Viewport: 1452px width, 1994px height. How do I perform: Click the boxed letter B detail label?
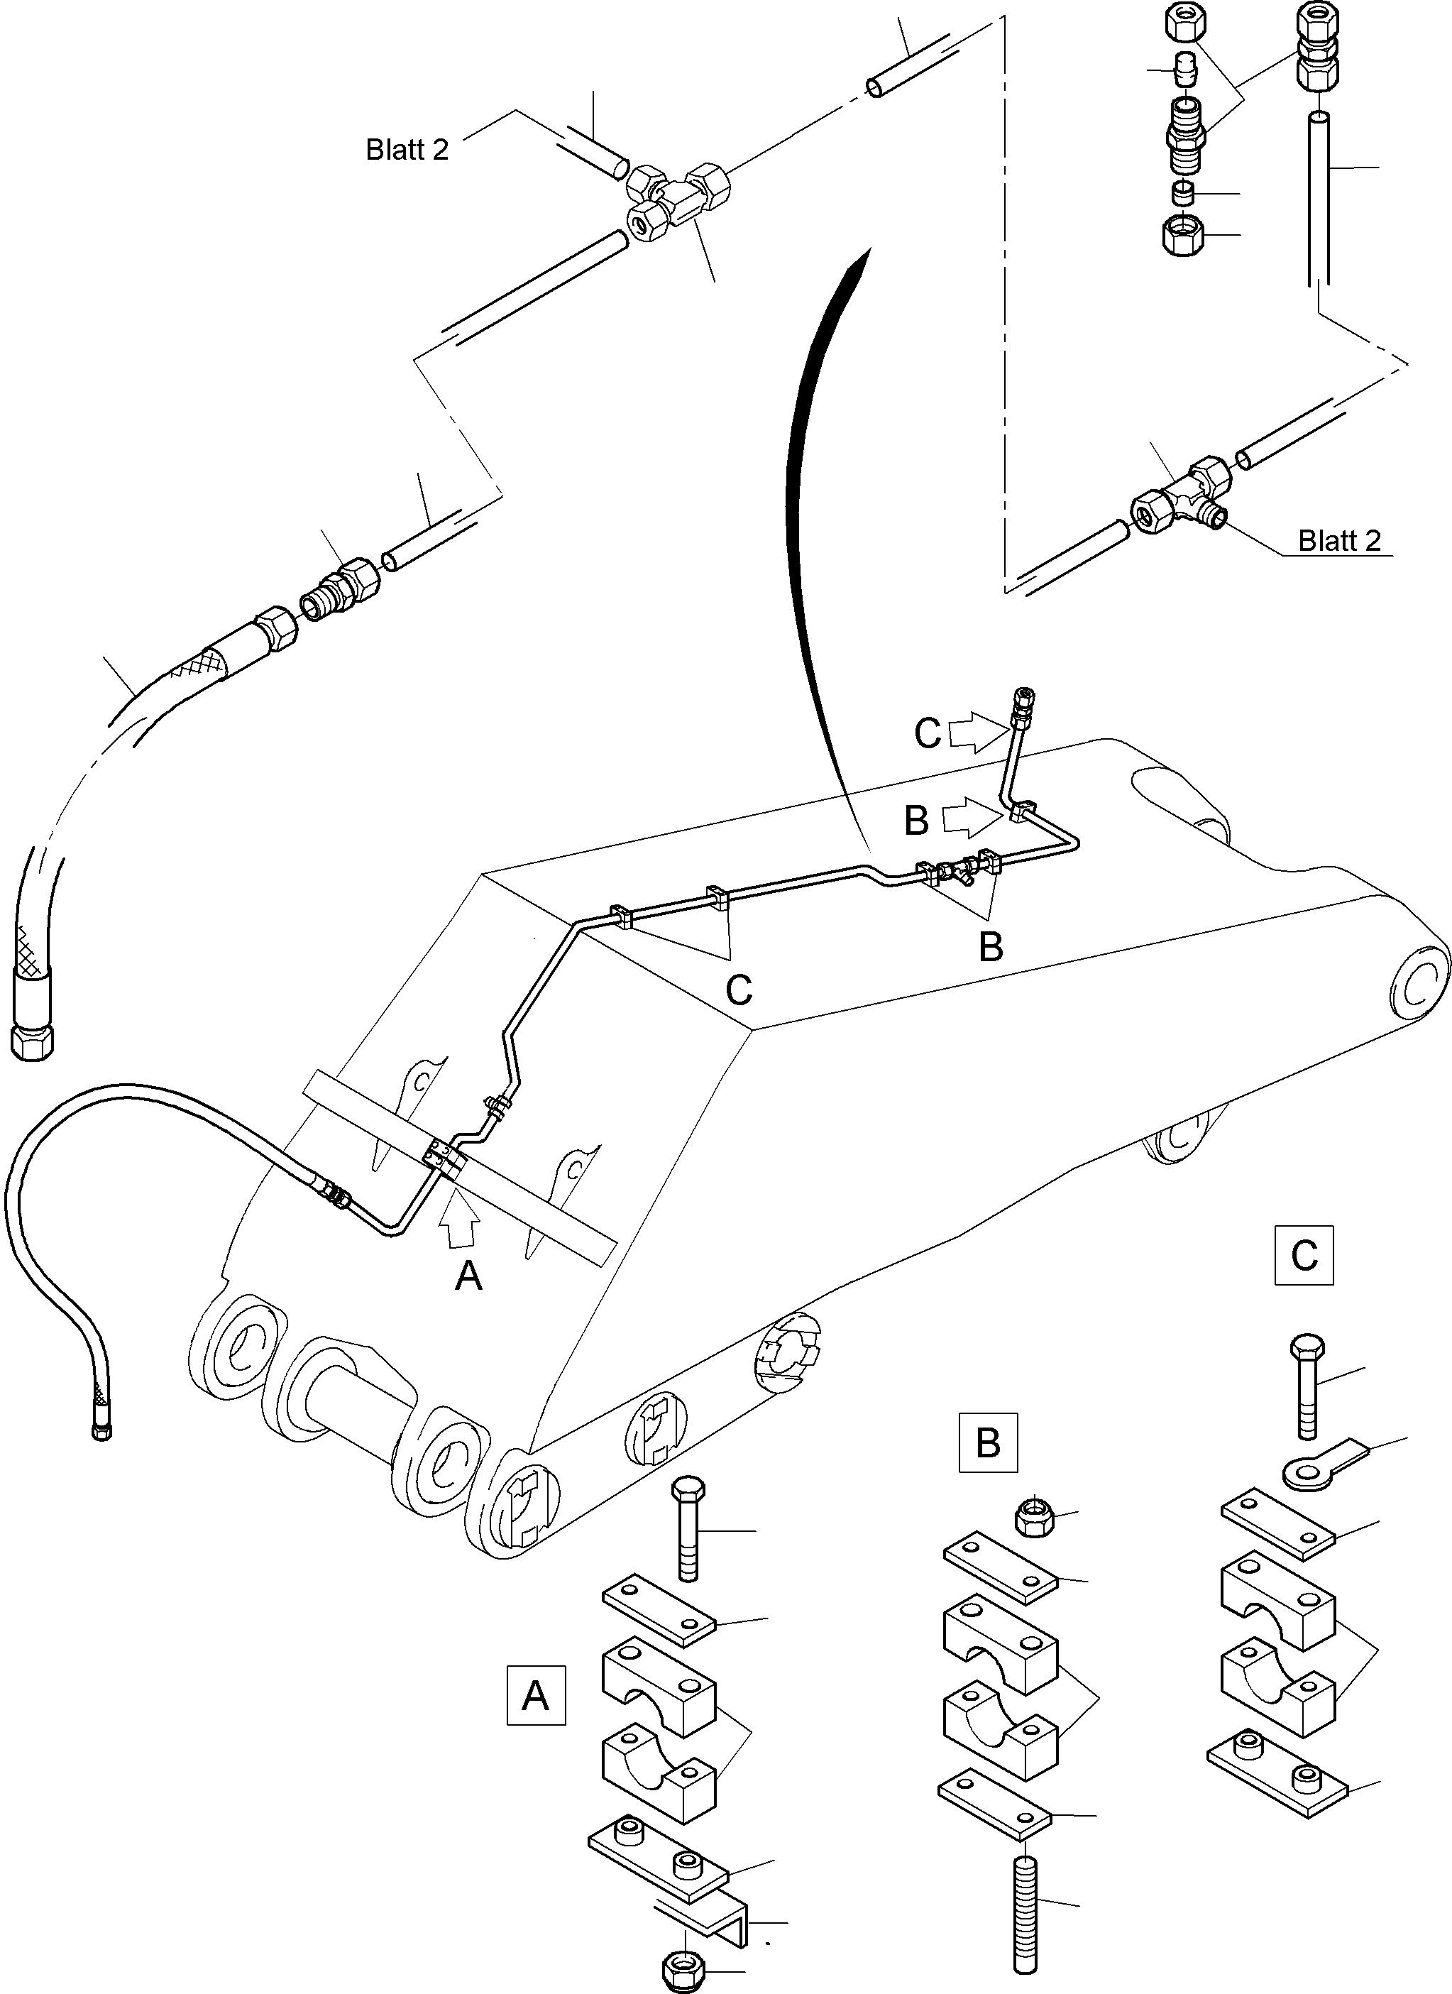coord(988,1442)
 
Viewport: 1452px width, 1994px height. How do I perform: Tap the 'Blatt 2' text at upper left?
coord(407,150)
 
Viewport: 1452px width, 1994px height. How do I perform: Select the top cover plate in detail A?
coord(659,1610)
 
